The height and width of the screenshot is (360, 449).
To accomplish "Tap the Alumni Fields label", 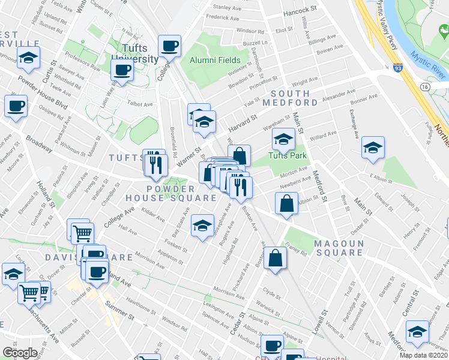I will click(x=215, y=60).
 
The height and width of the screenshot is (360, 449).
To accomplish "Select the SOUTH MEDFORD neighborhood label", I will click(x=290, y=98).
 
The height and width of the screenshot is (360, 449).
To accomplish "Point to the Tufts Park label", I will click(x=288, y=156).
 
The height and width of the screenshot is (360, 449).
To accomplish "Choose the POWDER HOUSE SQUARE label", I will click(x=171, y=193).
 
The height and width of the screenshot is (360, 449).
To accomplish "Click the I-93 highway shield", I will click(x=398, y=70).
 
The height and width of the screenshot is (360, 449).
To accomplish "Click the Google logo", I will click(x=19, y=352).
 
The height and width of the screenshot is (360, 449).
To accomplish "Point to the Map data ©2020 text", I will click(x=423, y=355).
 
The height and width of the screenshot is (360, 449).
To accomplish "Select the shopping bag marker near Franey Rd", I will click(x=275, y=259).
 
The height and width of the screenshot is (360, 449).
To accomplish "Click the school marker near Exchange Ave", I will click(x=373, y=148).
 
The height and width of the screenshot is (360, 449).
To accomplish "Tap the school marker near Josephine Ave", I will click(x=202, y=226).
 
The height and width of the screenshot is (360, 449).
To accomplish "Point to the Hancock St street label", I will click(x=300, y=10).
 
